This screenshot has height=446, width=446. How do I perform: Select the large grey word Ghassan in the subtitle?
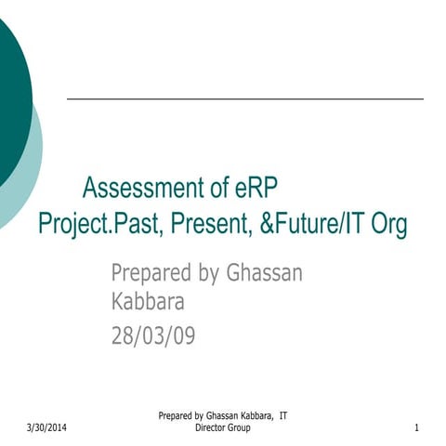(x=264, y=273)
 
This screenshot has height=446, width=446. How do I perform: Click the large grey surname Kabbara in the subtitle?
(x=148, y=303)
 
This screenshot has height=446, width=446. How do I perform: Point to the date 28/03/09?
(x=153, y=334)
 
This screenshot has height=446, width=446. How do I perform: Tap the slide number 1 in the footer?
(x=417, y=427)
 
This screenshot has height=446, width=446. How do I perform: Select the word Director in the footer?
(x=214, y=427)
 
